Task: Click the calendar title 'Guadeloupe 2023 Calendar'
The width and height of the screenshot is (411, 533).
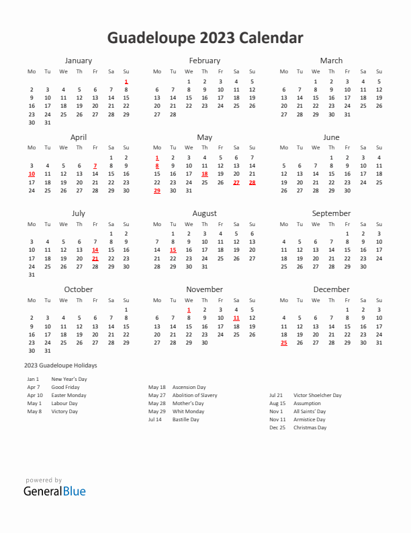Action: tap(205, 38)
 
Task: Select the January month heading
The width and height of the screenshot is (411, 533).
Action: tap(79, 61)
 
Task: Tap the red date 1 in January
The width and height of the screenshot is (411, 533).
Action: tap(126, 81)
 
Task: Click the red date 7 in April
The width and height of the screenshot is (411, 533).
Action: tap(95, 166)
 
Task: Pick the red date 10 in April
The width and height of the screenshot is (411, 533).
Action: tap(32, 174)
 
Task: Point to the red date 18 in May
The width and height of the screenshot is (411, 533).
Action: tap(205, 174)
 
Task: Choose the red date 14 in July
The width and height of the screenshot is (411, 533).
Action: tap(95, 250)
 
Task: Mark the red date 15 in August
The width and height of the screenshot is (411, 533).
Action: tap(173, 250)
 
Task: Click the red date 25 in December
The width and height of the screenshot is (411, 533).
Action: tap(284, 343)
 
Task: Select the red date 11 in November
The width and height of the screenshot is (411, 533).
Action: tap(236, 318)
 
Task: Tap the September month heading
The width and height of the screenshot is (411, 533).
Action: tap(331, 213)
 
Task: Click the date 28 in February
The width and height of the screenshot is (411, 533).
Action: tap(173, 114)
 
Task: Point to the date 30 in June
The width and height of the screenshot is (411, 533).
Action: tap(347, 190)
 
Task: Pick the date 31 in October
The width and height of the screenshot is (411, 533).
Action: tap(47, 351)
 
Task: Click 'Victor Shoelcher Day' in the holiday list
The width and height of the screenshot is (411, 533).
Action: tap(318, 395)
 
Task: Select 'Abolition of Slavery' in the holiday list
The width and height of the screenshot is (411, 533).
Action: tap(195, 395)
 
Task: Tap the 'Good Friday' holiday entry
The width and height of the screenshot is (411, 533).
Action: tap(65, 387)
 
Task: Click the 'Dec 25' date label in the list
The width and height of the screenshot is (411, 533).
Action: tap(277, 427)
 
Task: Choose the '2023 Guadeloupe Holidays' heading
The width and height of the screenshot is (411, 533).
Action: tap(60, 365)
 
